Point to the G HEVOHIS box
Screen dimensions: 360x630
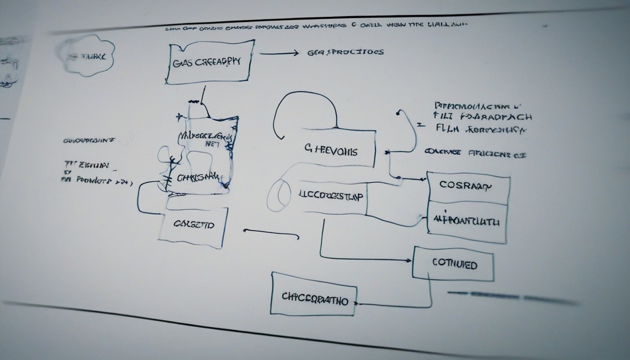pos(330,151)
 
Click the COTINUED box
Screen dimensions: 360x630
pos(454,264)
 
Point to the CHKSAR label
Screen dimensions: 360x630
pos(198,177)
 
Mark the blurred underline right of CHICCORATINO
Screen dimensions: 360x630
pos(512,298)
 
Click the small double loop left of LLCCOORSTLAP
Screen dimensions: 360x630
pos(280,194)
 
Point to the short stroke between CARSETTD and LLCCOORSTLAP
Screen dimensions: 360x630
pos(262,230)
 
